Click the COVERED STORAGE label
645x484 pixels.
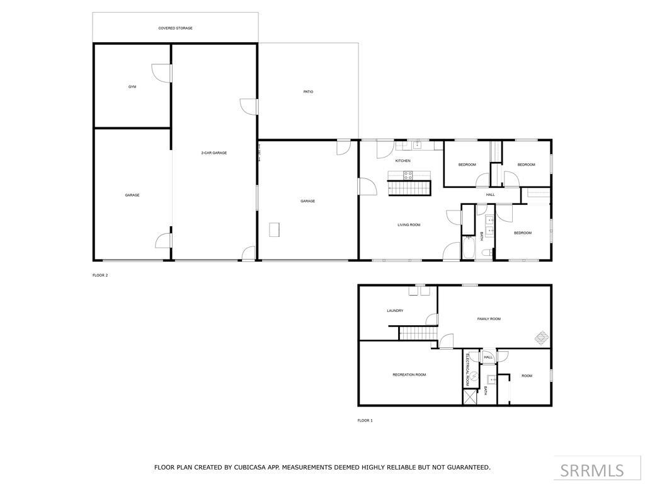click(x=175, y=28)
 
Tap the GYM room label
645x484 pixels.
click(x=132, y=86)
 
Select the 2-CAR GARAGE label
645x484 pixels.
click(x=214, y=153)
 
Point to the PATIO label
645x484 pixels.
click(x=308, y=92)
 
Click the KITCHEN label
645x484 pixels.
click(x=402, y=161)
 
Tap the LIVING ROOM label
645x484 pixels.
click(x=409, y=224)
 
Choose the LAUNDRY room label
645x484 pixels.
click(x=395, y=311)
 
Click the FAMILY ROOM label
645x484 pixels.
click(x=489, y=319)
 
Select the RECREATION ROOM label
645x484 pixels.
click(x=409, y=375)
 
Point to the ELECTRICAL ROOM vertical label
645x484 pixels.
click(x=468, y=370)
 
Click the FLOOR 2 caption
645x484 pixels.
click(x=100, y=275)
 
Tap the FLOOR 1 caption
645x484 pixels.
click(x=365, y=420)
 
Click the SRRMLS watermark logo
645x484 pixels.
click(x=592, y=470)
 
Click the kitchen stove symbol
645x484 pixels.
click(x=408, y=176)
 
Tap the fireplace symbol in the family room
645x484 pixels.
click(x=541, y=338)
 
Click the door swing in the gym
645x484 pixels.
click(x=164, y=73)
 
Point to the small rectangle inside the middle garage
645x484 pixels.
click(x=274, y=230)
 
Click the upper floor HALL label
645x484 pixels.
click(x=490, y=195)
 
